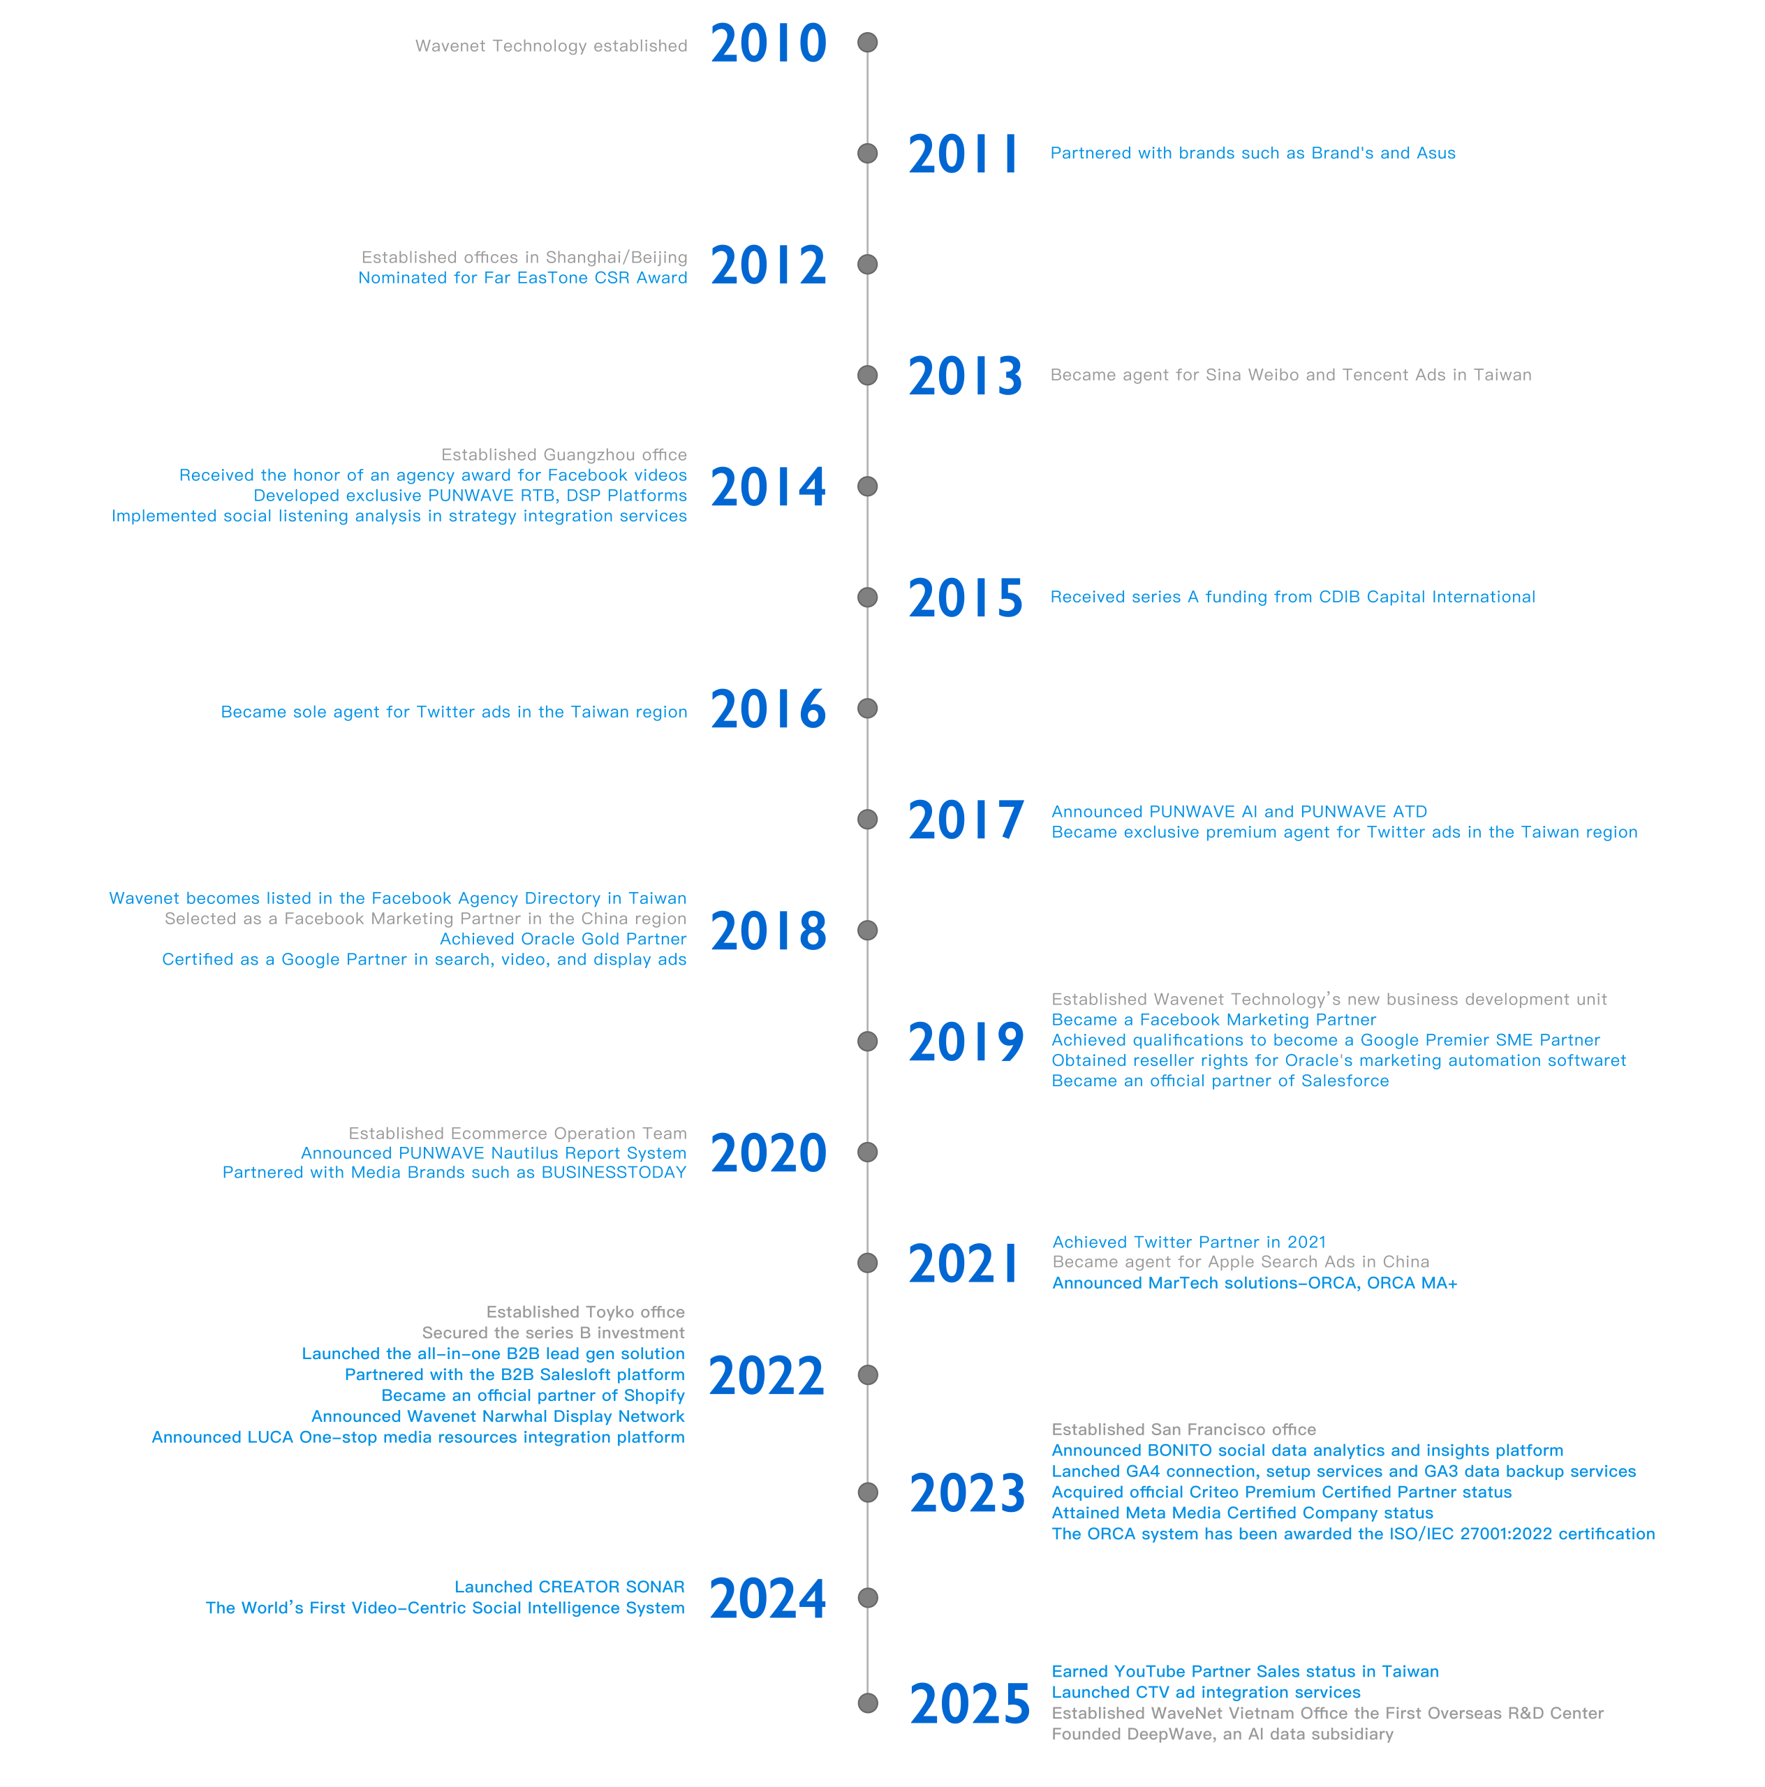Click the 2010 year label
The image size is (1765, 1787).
click(768, 45)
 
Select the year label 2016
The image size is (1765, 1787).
click(768, 709)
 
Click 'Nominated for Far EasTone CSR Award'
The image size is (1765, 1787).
click(523, 279)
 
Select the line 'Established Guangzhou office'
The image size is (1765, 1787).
click(563, 455)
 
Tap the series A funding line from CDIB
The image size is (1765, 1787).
click(1292, 598)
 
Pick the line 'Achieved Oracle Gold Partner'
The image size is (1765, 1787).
click(563, 940)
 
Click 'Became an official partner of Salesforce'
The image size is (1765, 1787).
click(1220, 1081)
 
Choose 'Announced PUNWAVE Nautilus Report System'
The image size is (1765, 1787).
click(493, 1153)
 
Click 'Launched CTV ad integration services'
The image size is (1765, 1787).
click(1206, 1693)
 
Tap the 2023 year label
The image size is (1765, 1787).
click(967, 1494)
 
